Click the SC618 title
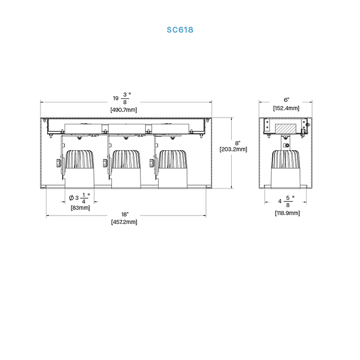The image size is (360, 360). [x=180, y=30]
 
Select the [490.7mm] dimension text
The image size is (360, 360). [x=124, y=110]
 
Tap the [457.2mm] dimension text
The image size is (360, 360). [x=124, y=222]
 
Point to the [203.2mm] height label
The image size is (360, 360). [x=233, y=150]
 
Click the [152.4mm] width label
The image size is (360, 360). [x=286, y=108]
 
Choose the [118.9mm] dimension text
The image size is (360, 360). [x=287, y=213]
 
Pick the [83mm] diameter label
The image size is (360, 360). [x=80, y=208]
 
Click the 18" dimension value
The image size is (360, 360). [x=125, y=214]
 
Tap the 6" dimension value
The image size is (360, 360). [x=286, y=100]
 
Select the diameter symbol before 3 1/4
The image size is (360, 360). [x=71, y=197]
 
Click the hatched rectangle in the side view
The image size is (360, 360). [x=285, y=129]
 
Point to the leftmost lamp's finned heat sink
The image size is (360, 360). [x=80, y=159]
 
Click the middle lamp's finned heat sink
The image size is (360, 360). [x=126, y=159]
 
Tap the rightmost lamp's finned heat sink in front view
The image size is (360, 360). [x=173, y=159]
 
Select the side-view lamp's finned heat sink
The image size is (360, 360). [x=285, y=159]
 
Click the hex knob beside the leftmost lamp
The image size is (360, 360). [x=58, y=163]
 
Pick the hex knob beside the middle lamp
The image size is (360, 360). [x=105, y=163]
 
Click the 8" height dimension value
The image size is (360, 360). [x=237, y=143]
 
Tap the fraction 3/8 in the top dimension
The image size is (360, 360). [x=125, y=98]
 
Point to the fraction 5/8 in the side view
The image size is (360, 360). [x=288, y=201]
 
